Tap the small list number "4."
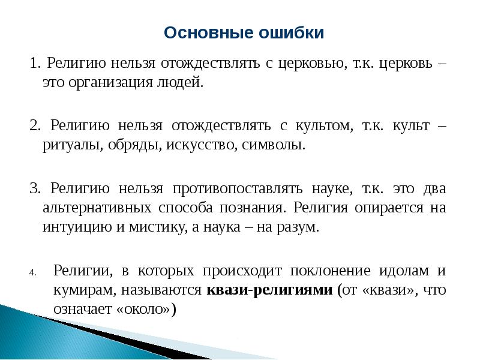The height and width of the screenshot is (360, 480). [33, 272]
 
